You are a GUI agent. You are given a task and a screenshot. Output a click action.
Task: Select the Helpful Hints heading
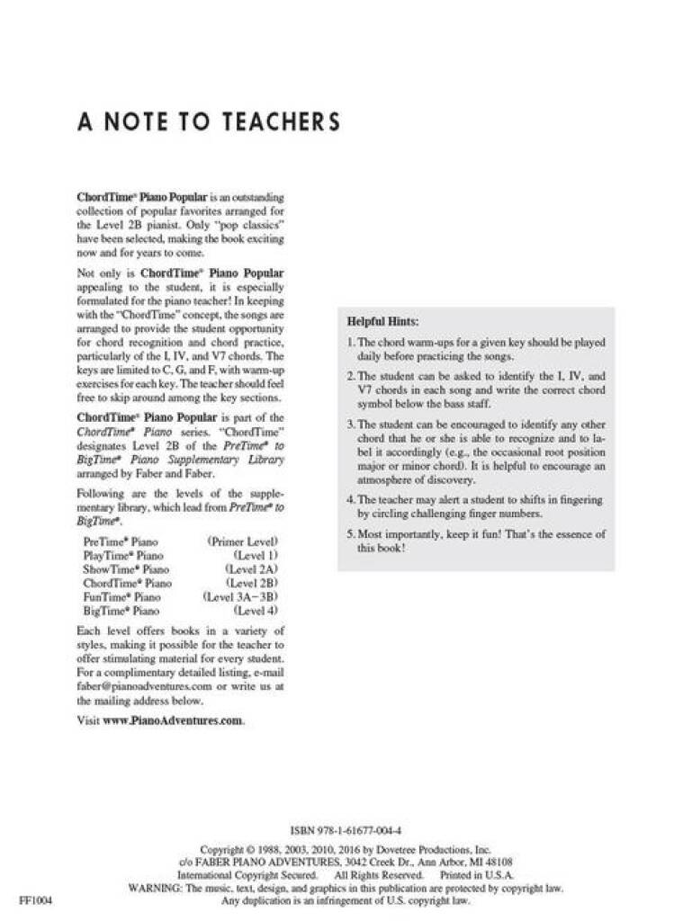tap(382, 321)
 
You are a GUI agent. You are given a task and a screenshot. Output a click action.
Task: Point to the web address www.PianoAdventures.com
tap(173, 720)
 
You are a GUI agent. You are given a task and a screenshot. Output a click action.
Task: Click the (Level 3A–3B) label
tap(240, 597)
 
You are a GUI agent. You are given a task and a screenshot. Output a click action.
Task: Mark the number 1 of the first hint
tap(350, 343)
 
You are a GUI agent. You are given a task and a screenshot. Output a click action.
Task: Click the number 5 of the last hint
tap(350, 534)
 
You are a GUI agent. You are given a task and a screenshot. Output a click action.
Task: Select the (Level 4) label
tap(255, 611)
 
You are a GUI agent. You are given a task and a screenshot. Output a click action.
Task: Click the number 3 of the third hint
tap(350, 424)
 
